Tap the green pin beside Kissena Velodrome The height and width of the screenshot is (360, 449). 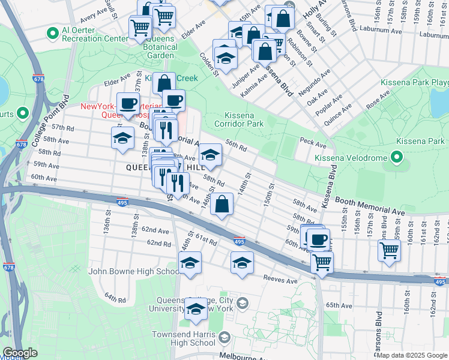[396, 158]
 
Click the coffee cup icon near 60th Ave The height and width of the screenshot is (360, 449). [318, 239]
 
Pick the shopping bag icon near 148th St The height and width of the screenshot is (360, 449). [222, 203]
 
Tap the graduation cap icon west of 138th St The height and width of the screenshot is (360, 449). [122, 138]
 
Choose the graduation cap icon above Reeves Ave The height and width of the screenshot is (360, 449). [242, 262]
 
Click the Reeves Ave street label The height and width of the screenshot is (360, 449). [281, 279]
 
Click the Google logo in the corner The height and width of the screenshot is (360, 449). [20, 353]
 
